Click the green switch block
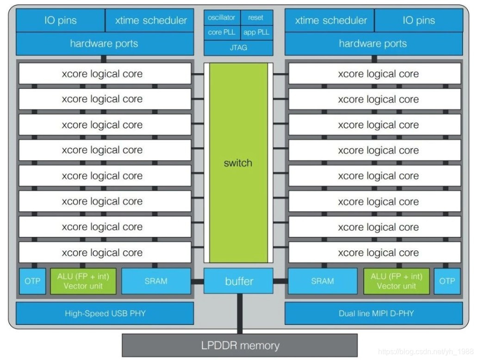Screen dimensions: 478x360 [238, 163]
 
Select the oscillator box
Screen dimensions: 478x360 [222, 18]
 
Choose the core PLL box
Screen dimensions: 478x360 [222, 32]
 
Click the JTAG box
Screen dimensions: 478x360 [238, 48]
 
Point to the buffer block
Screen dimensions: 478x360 [238, 281]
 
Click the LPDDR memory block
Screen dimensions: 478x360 [240, 345]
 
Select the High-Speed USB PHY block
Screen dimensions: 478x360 [105, 313]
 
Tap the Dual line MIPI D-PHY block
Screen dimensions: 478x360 [374, 313]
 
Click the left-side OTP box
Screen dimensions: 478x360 [32, 281]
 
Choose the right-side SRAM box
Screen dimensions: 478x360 [323, 281]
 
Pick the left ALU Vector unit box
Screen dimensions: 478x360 [83, 281]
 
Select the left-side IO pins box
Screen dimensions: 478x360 [60, 20]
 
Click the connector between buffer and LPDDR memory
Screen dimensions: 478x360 [240, 314]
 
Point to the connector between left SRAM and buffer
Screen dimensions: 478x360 [197, 281]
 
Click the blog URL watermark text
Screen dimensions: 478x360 [426, 352]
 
